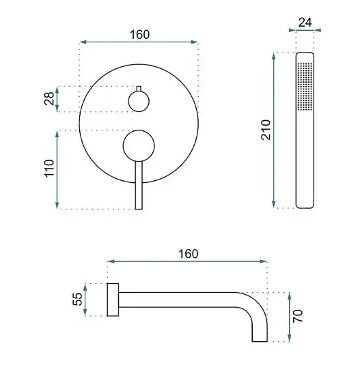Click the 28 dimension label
tap(49, 98)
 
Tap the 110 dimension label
tap(49, 168)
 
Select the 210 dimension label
tap(266, 130)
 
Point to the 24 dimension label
tap(305, 23)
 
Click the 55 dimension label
tap(77, 299)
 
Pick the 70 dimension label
tap(298, 316)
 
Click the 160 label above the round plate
tap(140, 35)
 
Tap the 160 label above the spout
tap(189, 254)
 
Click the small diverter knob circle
tap(139, 101)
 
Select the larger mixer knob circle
tap(139, 146)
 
